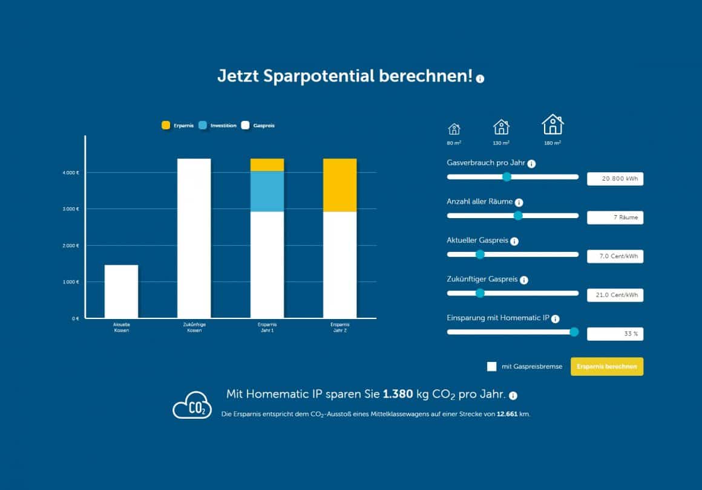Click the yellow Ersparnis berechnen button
(x=606, y=367)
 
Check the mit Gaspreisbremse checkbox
(x=491, y=367)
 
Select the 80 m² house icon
(x=454, y=129)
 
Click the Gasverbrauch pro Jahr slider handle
(x=507, y=176)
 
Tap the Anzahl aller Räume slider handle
(x=517, y=216)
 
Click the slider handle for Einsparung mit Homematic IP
(x=574, y=332)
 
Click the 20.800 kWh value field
(x=615, y=179)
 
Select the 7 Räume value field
(x=615, y=218)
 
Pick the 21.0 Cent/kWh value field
(x=615, y=295)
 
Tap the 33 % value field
(x=615, y=334)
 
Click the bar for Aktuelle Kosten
(x=121, y=291)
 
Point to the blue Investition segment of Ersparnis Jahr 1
(x=267, y=191)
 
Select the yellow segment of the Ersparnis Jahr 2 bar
(x=340, y=185)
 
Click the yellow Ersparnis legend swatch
(x=166, y=126)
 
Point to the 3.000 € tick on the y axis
(x=72, y=209)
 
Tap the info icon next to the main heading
(x=481, y=79)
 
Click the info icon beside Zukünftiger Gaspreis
(x=524, y=280)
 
